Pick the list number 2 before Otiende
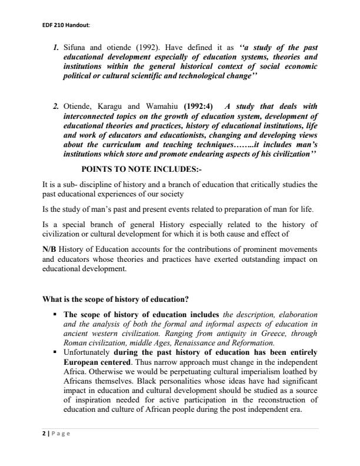[55, 106]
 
